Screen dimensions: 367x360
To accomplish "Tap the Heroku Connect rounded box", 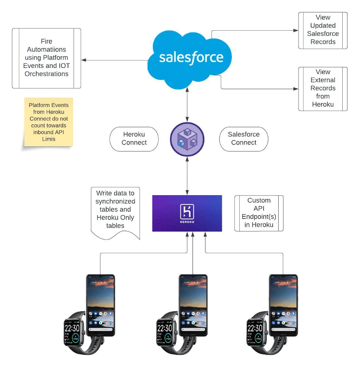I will point(134,138).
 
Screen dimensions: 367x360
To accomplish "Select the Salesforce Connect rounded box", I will point(244,138).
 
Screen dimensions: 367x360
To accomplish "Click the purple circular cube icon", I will point(187,138).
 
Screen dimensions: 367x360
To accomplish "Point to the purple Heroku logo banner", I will point(187,213).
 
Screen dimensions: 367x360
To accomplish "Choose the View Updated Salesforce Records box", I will point(323,30).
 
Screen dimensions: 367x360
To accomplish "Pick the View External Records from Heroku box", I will point(323,88).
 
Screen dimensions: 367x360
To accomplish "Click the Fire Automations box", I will point(46,58).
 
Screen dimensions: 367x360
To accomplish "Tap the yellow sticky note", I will point(48,122).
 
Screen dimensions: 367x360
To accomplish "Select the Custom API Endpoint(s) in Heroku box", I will point(259,212).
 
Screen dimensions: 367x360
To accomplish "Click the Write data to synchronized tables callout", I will point(116,212).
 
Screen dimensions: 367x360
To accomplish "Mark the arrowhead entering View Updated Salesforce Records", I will point(296,30).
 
